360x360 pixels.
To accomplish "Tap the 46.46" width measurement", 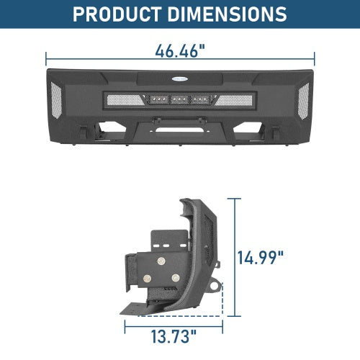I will coord(179,52).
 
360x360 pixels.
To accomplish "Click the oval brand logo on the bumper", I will coord(180,81).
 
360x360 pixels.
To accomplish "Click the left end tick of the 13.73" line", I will coord(125,325).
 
